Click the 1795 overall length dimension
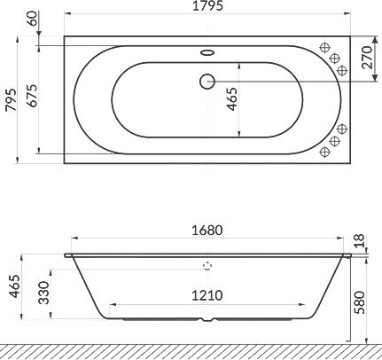pos(207,6)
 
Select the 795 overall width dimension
pos(12,99)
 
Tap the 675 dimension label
pos(33,96)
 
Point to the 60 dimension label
pos(33,19)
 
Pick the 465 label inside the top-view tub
pos(232,99)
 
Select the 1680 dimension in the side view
pos(207,231)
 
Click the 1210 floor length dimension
pos(207,295)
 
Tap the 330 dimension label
pos(44,293)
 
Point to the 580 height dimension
pos(360,302)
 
